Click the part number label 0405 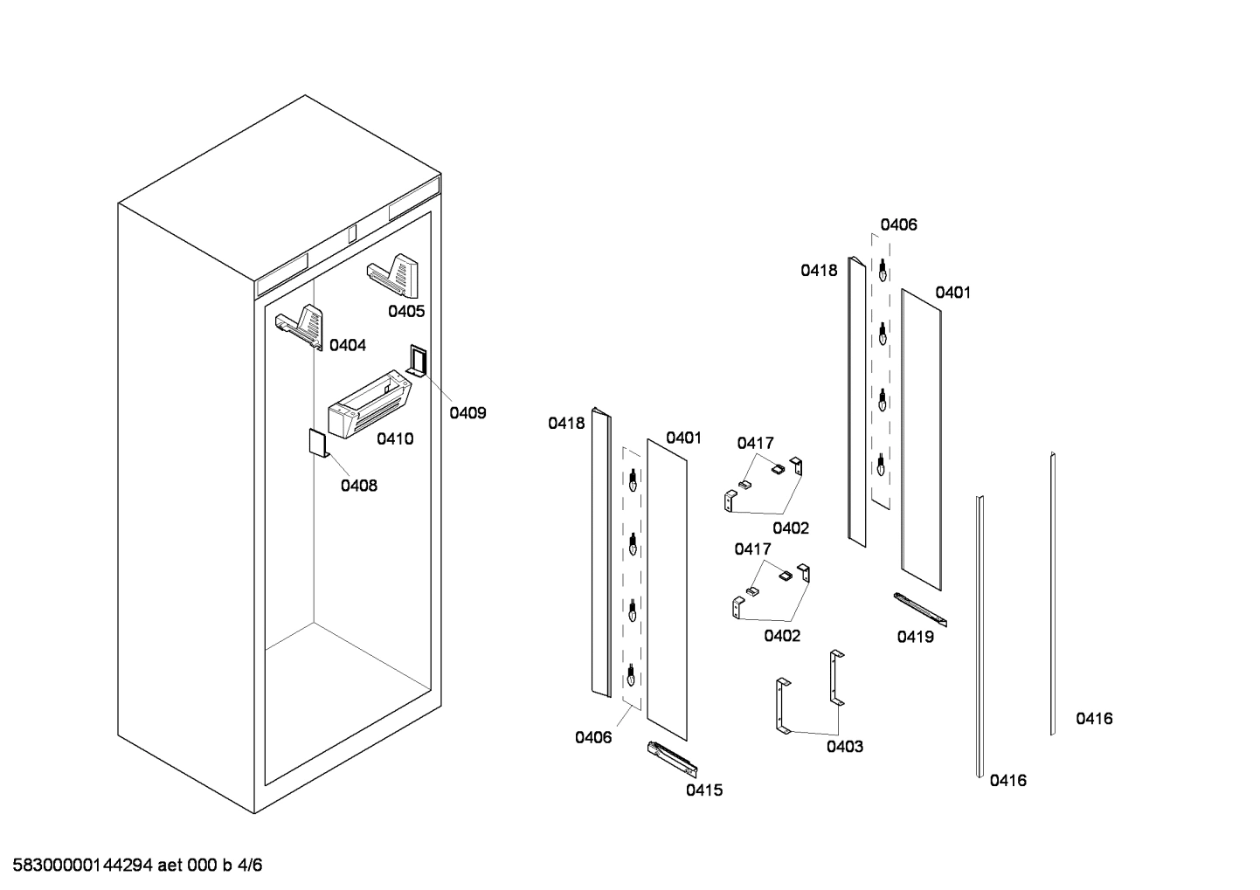click(x=406, y=311)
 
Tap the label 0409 click(x=467, y=412)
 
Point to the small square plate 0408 click(x=316, y=442)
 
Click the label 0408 click(x=359, y=486)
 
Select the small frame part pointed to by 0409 click(x=417, y=360)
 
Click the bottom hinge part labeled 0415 click(x=672, y=759)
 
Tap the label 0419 click(x=915, y=637)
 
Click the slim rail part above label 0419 click(x=919, y=609)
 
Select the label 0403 click(x=845, y=746)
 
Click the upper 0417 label click(x=755, y=444)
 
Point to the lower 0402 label click(x=782, y=636)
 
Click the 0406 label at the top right click(x=898, y=224)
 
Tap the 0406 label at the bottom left click(x=593, y=737)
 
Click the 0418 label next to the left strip click(x=566, y=423)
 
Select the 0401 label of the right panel click(x=952, y=293)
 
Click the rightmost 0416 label click(x=1094, y=719)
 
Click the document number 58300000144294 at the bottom click(x=83, y=866)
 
